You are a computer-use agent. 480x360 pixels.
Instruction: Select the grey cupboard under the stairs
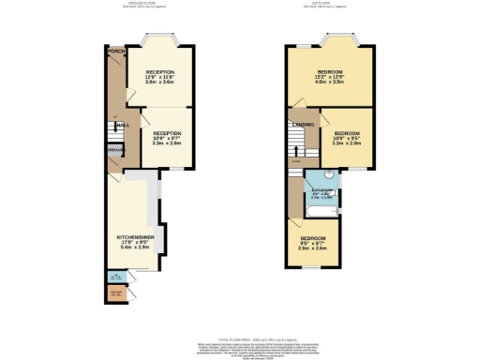pyautogui.click(x=114, y=150)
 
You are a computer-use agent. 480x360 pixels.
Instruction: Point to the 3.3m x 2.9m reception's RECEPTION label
pyautogui.click(x=168, y=133)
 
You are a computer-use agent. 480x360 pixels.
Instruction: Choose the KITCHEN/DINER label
pyautogui.click(x=130, y=237)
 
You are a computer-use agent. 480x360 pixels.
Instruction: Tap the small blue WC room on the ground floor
pyautogui.click(x=114, y=277)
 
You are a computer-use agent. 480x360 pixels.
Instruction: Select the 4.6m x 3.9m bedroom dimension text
pyautogui.click(x=329, y=83)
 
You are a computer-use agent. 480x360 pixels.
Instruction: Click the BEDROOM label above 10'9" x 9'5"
pyautogui.click(x=348, y=133)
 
